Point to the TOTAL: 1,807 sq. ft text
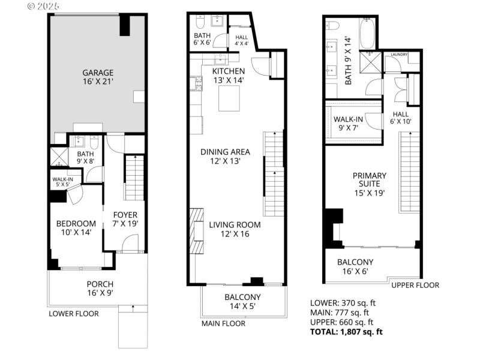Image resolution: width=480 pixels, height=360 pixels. (346, 331)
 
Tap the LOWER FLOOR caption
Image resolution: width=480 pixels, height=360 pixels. (74, 313)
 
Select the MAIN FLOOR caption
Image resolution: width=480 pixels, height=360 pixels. (223, 323)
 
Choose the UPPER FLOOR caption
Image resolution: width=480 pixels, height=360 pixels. (415, 285)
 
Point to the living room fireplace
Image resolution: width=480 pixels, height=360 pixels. (196, 231)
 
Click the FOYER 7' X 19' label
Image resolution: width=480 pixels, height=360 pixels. (125, 219)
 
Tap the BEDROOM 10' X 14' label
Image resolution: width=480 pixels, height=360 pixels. (76, 228)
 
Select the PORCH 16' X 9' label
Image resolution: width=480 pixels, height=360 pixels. (100, 289)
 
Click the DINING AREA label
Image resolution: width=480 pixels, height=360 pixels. (225, 157)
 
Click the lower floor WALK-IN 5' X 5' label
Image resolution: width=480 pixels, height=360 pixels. (62, 182)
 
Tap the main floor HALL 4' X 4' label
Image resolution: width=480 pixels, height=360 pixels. (241, 40)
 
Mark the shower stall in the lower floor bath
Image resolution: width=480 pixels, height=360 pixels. (59, 157)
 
